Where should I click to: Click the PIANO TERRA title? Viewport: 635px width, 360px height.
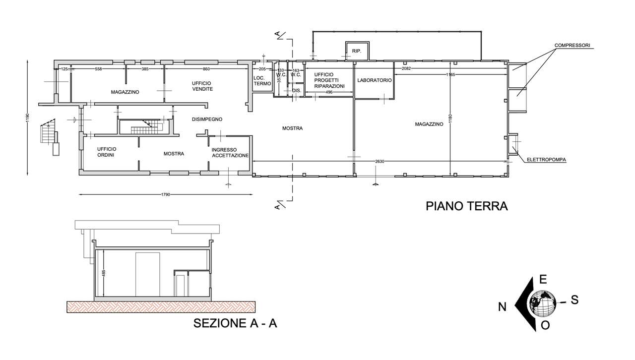467,206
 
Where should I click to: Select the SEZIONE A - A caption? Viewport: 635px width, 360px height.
235,323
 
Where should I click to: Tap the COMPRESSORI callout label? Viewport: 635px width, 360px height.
572,45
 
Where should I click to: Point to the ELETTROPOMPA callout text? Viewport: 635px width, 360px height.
546,160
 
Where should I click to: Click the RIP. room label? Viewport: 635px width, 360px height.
357,51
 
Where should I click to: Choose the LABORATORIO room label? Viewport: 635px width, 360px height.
374,80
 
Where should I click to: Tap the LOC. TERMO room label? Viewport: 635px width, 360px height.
262,81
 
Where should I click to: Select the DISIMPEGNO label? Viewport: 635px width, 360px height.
207,120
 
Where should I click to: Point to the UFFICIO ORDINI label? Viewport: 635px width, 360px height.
107,152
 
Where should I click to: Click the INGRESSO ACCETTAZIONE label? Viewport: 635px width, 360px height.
230,153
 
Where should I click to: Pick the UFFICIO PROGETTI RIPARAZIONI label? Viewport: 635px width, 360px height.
329,80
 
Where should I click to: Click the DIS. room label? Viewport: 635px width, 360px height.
297,91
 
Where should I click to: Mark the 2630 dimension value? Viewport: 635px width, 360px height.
380,161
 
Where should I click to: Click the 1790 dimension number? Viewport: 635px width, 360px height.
166,194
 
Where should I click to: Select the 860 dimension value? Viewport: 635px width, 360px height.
206,69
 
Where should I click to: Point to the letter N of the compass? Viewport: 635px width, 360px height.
503,307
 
